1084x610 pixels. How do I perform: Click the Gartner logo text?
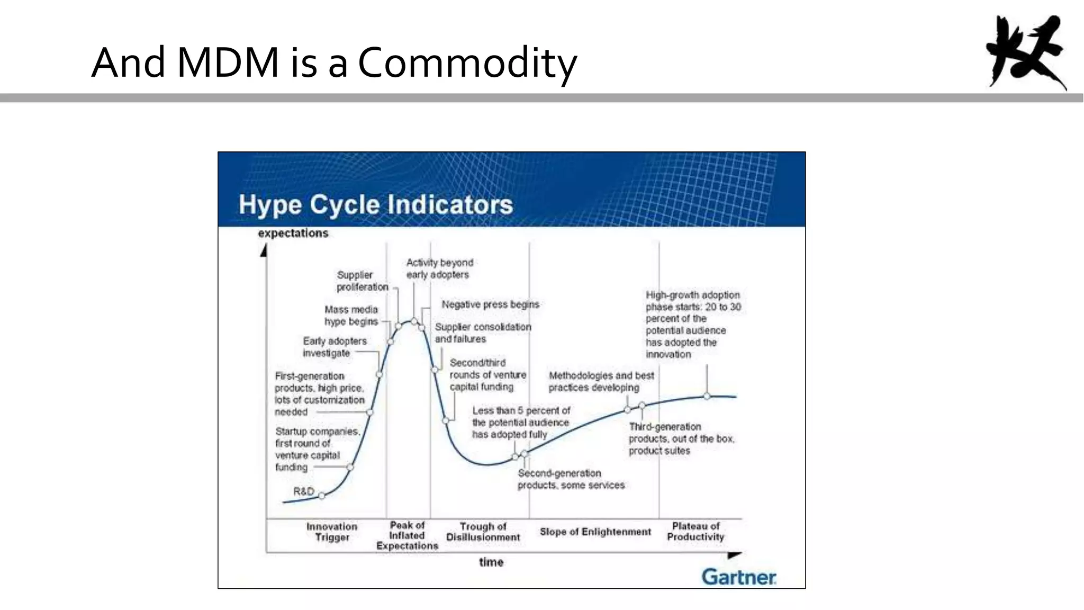tap(738, 577)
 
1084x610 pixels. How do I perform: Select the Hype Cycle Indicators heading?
tap(375, 205)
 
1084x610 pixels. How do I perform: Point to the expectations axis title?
tap(293, 234)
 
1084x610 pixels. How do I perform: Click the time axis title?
tap(491, 562)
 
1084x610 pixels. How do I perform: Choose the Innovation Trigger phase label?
tap(332, 532)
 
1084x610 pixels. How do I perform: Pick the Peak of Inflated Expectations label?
tap(407, 535)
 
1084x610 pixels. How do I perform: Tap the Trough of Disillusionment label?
tap(483, 532)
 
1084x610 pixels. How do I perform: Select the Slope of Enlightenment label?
tap(595, 532)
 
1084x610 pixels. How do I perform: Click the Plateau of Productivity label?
tap(695, 531)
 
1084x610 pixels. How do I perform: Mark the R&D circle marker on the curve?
tap(321, 496)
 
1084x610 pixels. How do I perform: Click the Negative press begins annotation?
tap(490, 304)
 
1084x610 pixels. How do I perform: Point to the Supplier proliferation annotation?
tap(362, 281)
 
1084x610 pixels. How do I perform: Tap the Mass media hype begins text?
tap(351, 316)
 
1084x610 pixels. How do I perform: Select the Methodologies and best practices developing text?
tap(601, 381)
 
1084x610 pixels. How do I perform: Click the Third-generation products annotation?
tap(681, 438)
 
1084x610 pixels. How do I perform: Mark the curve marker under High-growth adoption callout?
tap(707, 396)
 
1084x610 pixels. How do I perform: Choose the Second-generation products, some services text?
tap(571, 479)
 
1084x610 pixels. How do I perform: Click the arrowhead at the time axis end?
tap(735, 554)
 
